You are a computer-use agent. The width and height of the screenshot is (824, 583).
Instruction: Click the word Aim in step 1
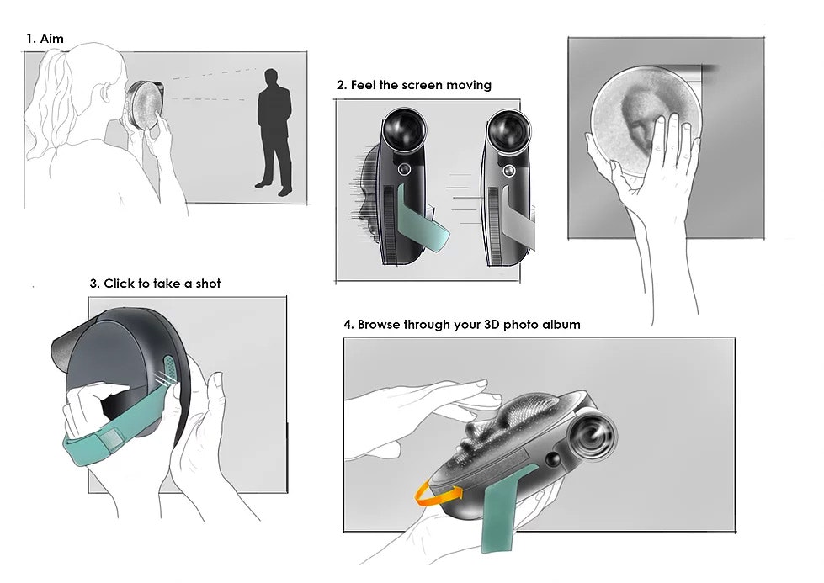52,39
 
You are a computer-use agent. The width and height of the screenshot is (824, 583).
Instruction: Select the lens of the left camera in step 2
402,131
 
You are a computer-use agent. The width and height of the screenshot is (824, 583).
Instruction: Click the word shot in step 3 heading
207,284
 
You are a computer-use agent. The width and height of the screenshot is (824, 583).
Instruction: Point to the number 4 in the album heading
348,325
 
